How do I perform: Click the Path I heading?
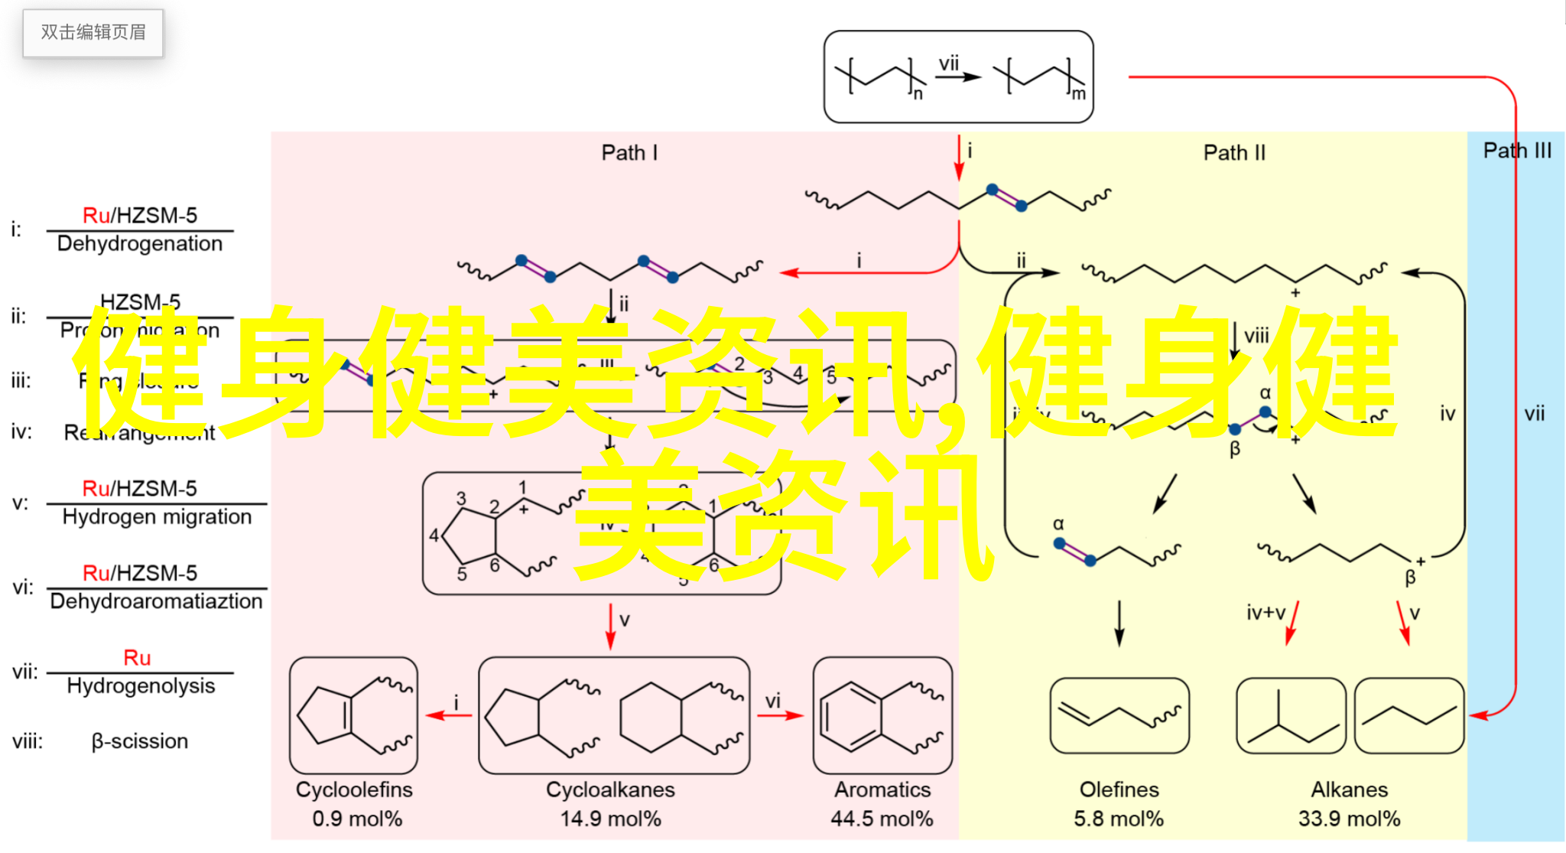(x=629, y=153)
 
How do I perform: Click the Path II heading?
(x=1234, y=153)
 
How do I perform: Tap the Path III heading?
(x=1517, y=151)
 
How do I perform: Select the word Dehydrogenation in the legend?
(x=140, y=244)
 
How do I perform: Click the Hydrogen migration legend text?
(x=157, y=517)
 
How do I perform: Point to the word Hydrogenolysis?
(x=141, y=686)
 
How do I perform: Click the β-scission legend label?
(x=140, y=741)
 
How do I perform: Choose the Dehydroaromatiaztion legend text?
(x=156, y=601)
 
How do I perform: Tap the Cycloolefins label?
(x=354, y=790)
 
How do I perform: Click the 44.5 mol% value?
(x=882, y=819)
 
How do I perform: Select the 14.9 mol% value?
(x=610, y=819)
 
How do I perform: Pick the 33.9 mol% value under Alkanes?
(x=1349, y=819)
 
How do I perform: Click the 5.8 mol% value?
(x=1119, y=819)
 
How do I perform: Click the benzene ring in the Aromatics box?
(x=850, y=717)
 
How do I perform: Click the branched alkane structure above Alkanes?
(x=1291, y=717)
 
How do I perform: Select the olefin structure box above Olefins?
(x=1119, y=715)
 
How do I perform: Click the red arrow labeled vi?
(x=780, y=715)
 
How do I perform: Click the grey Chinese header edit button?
(x=93, y=33)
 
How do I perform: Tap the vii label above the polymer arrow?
(x=949, y=63)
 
